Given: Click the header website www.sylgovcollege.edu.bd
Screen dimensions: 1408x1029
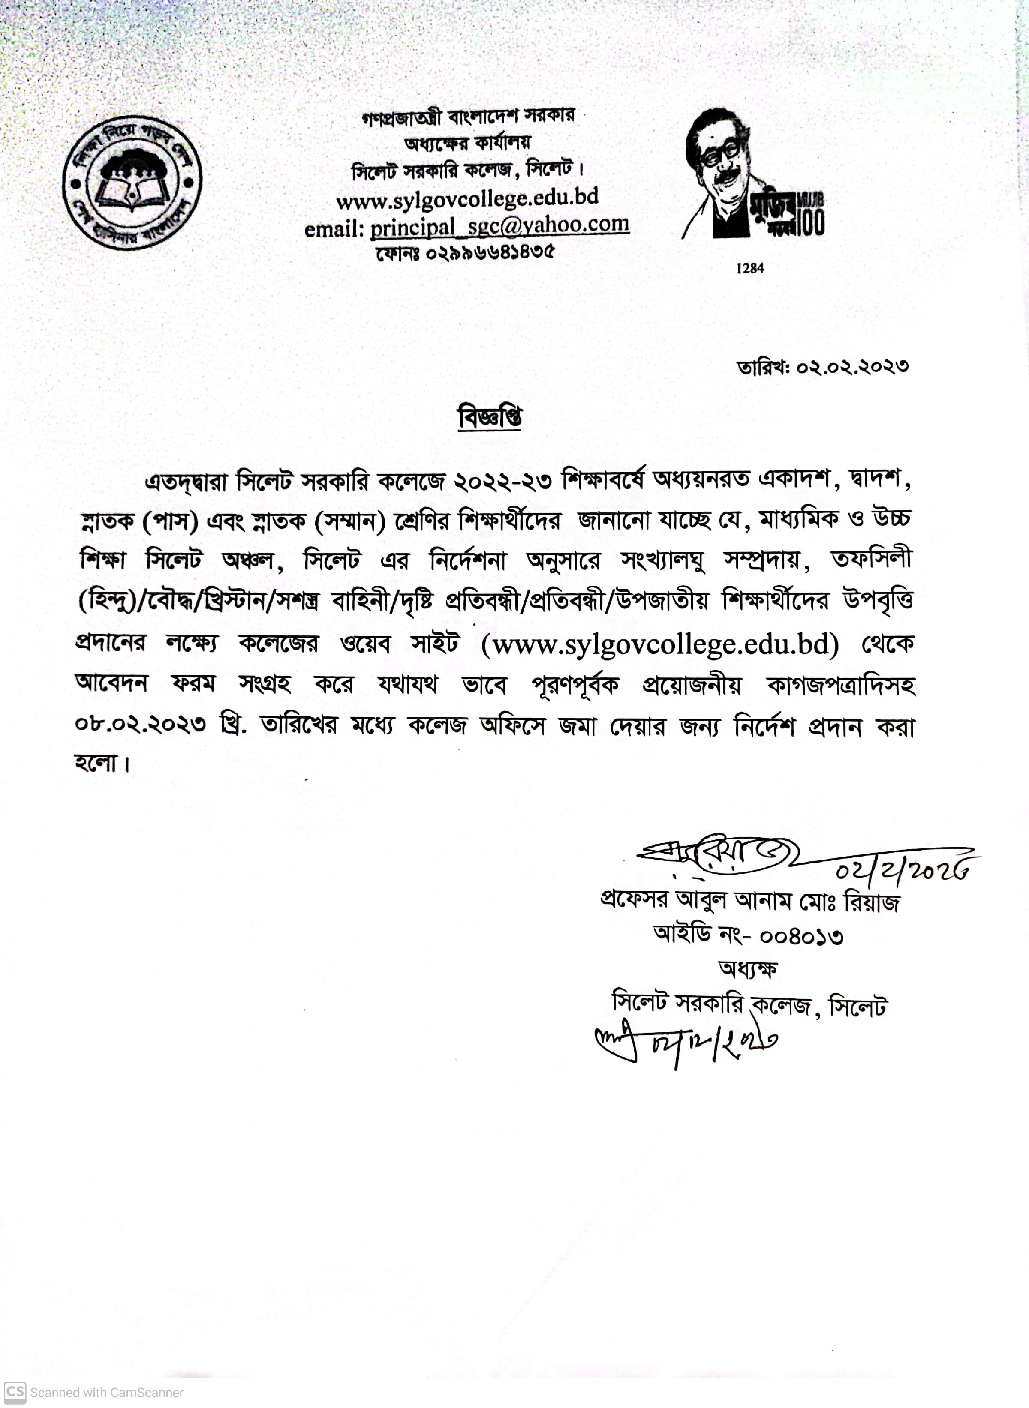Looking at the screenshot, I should [467, 198].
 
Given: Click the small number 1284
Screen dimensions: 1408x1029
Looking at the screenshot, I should [749, 268].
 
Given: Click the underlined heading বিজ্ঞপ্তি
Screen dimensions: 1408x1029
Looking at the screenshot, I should [490, 417].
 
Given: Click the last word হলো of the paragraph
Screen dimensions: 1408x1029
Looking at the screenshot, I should [98, 763].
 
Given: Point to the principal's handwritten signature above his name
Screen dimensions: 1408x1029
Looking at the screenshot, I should [716, 858].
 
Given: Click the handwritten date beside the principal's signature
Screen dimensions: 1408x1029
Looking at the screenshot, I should [903, 868].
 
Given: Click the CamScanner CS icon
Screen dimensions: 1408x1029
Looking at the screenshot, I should [15, 1392].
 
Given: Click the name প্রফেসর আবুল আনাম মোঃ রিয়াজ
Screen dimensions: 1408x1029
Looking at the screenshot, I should [749, 901].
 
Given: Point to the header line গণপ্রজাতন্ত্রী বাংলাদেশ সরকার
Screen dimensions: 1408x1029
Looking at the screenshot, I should [468, 117].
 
